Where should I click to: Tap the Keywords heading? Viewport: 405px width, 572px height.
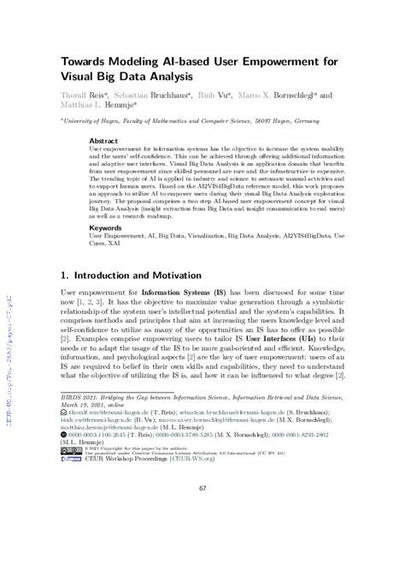tap(106, 228)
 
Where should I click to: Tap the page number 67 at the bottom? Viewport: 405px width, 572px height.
tap(203, 535)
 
